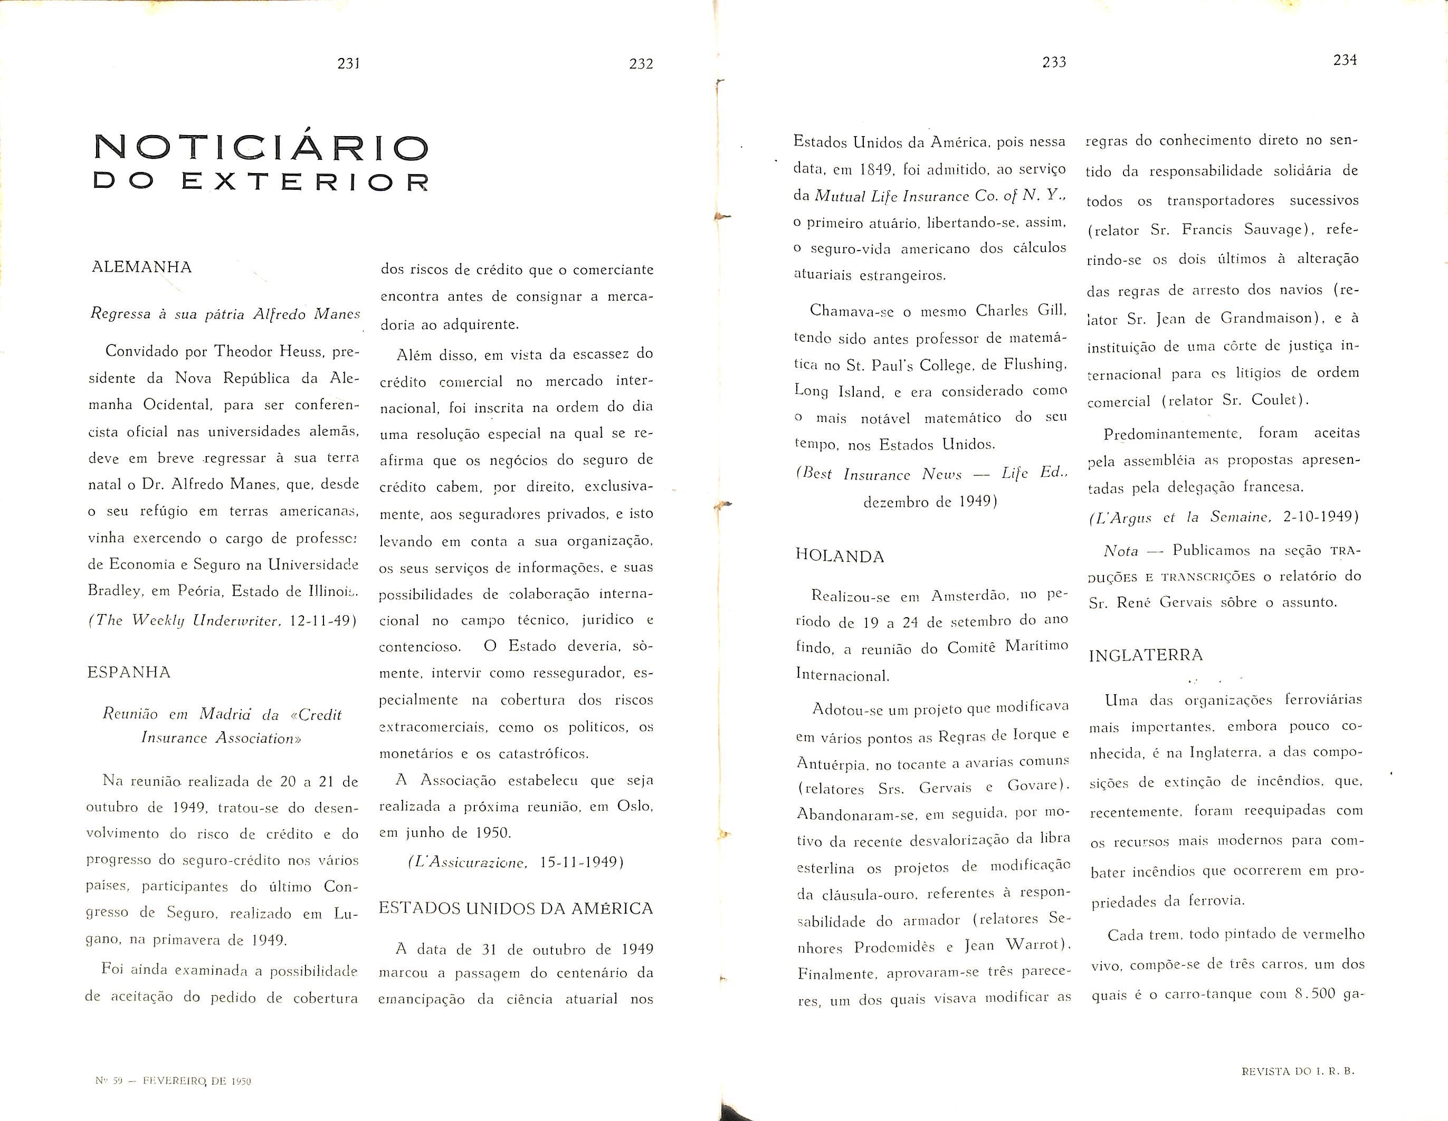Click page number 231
[x=348, y=64]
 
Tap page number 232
[x=641, y=64]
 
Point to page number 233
[x=1053, y=62]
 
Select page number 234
[x=1345, y=60]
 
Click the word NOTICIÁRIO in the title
[x=261, y=147]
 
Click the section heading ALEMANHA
[x=142, y=267]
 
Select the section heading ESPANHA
[x=129, y=672]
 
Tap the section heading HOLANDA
[x=840, y=556]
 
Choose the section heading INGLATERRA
[x=1146, y=655]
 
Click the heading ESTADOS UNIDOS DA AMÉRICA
[x=516, y=908]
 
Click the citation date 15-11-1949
[x=582, y=863]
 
